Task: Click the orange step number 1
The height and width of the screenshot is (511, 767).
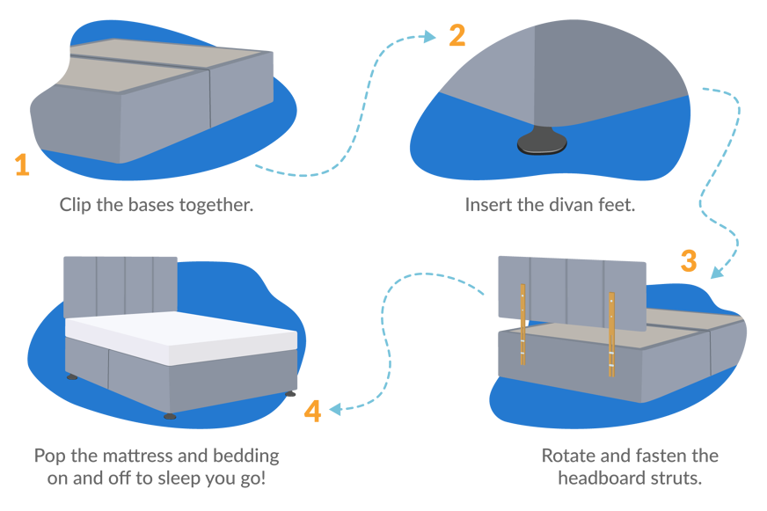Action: tap(22, 164)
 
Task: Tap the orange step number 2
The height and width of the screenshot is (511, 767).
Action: tap(457, 36)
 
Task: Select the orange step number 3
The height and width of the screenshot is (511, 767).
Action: tap(689, 261)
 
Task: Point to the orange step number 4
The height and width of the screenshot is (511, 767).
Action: tap(312, 412)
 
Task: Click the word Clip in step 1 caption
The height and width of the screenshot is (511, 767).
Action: tap(77, 205)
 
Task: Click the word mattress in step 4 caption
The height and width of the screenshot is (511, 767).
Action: tap(134, 456)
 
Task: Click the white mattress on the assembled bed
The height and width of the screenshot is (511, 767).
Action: tap(185, 339)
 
